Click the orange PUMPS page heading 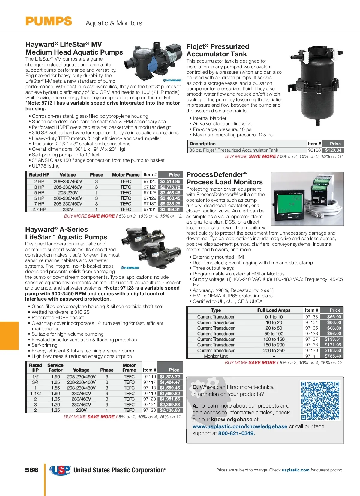[49, 22]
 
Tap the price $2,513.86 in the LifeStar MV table [170, 181]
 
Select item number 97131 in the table [150, 209]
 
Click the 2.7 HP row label [39, 209]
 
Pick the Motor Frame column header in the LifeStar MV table [126, 175]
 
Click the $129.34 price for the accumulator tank [333, 150]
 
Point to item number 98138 [314, 150]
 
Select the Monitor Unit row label [216, 356]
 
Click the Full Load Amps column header [274, 310]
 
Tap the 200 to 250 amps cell [274, 350]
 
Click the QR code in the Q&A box [320, 400]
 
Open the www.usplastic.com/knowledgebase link [240, 426]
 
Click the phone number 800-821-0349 [236, 433]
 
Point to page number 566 [32, 470]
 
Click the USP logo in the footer [60, 470]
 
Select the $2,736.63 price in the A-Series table [170, 410]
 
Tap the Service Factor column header [55, 367]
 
